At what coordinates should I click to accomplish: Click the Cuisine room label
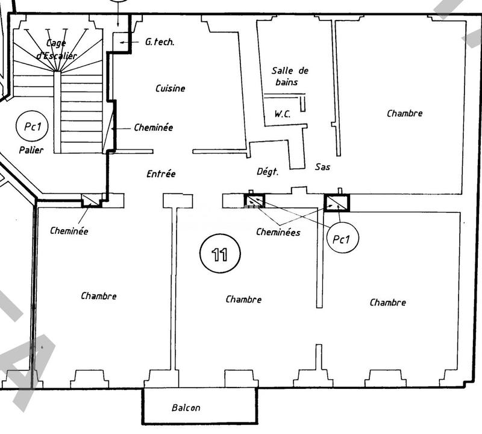(171, 89)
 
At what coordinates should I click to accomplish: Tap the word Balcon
(186, 408)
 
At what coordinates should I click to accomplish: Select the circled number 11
(220, 254)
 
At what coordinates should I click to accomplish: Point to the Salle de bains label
(285, 76)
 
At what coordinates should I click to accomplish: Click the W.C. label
(283, 113)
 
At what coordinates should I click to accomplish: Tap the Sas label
(322, 166)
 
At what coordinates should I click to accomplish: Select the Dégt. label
(268, 172)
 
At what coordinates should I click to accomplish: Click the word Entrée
(161, 174)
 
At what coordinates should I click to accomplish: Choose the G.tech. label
(159, 42)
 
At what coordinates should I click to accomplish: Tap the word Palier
(31, 150)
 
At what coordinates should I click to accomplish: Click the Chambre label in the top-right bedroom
(404, 113)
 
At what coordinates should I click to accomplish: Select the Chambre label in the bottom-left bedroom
(99, 296)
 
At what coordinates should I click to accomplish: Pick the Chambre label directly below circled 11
(243, 300)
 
